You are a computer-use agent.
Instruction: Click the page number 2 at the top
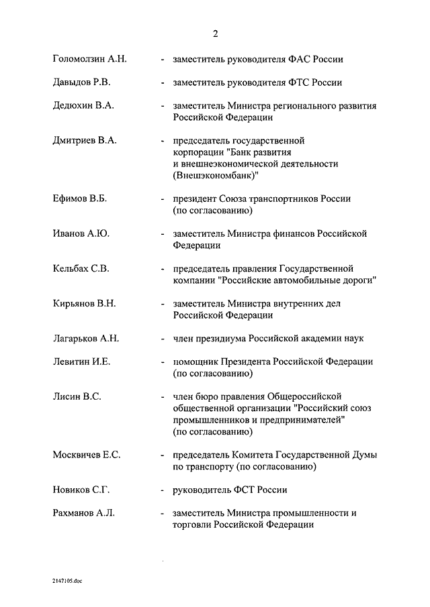(215, 34)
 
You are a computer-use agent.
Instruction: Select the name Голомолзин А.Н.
(89, 59)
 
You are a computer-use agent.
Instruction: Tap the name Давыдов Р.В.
(83, 82)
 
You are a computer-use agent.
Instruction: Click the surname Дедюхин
(73, 106)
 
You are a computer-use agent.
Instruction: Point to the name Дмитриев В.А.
(85, 141)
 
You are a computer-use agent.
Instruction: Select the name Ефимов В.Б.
(80, 199)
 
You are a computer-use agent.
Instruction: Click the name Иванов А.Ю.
(81, 233)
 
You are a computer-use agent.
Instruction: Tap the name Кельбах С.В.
(81, 268)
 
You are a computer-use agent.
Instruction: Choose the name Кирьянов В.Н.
(85, 303)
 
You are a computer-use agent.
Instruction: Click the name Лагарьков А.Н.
(86, 338)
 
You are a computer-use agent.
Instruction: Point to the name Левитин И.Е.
(82, 362)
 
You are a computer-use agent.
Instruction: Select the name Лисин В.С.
(77, 396)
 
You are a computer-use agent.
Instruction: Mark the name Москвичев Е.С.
(87, 455)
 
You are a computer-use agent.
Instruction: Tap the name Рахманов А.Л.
(84, 513)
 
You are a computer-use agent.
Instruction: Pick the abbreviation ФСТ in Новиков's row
(244, 490)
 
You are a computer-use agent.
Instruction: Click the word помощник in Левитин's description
(196, 362)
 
